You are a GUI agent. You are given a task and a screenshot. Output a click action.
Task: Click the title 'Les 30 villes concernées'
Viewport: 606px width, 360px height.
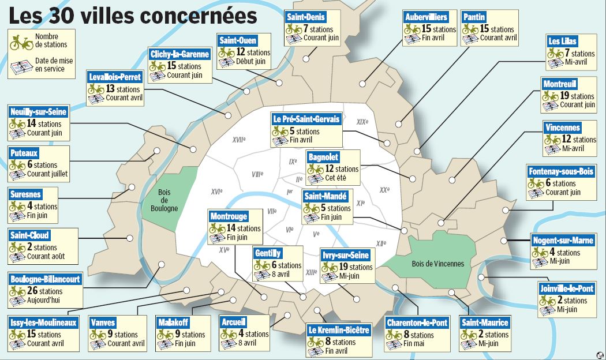(133, 15)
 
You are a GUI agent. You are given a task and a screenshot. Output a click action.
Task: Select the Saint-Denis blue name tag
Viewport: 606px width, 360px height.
(306, 17)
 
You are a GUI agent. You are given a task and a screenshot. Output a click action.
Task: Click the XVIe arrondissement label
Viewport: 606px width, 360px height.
(217, 191)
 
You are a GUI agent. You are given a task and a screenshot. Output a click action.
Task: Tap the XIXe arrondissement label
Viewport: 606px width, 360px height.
(362, 122)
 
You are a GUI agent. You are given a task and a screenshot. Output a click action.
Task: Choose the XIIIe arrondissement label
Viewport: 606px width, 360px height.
(311, 272)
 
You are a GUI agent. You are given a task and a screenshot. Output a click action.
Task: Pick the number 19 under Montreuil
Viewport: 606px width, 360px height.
(564, 96)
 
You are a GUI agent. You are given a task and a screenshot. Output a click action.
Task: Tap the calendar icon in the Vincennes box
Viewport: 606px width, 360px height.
(552, 148)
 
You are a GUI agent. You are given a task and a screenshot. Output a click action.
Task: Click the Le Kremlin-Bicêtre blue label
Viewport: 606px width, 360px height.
(338, 331)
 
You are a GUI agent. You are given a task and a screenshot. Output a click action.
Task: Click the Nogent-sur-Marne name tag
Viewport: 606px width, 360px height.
(562, 241)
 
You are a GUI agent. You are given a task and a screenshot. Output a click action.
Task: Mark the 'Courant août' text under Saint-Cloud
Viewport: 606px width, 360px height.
(46, 256)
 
